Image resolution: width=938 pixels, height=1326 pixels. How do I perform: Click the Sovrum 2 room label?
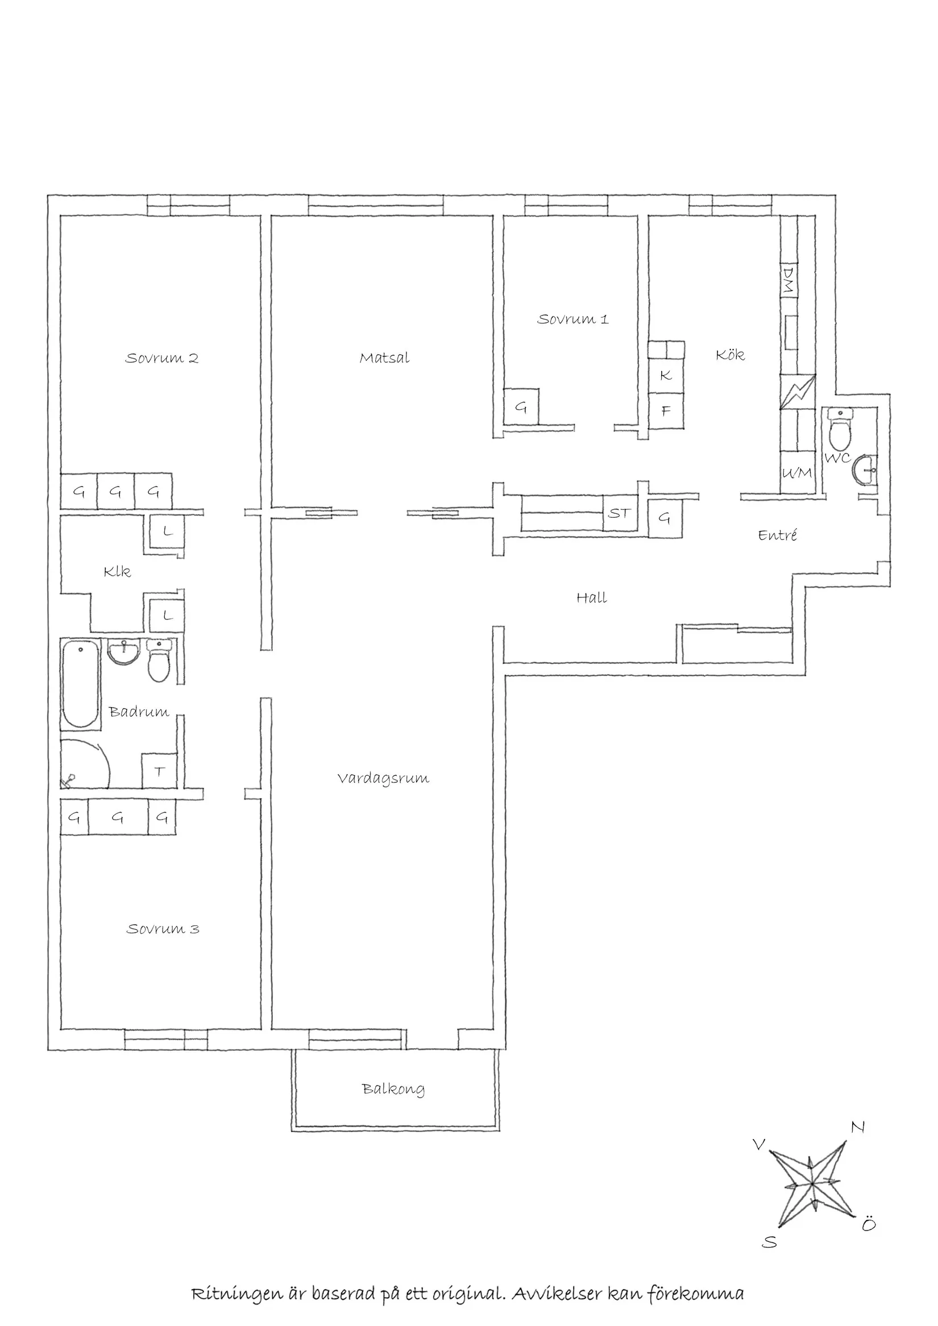coord(161,358)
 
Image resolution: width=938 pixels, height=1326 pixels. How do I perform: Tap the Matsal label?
coord(384,358)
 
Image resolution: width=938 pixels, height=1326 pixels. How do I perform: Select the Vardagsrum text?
coord(383,779)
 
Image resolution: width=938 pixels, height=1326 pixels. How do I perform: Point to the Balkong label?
coord(393,1089)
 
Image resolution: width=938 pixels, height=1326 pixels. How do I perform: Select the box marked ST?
coord(619,513)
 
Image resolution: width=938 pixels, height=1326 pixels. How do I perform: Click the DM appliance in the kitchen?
coord(788,280)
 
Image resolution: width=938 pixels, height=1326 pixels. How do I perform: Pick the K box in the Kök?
coord(666,375)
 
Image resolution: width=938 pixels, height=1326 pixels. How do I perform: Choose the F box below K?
coord(666,411)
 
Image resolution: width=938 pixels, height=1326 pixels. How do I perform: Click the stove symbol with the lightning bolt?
coord(798,392)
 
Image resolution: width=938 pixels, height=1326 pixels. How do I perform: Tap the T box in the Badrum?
coord(159,771)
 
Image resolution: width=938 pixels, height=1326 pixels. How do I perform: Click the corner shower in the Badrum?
coord(84,763)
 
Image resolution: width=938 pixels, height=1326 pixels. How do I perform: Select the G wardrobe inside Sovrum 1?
coord(521,408)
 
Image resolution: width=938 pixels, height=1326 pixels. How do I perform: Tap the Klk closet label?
coord(117,572)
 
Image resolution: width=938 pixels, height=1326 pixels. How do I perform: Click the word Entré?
coord(778,535)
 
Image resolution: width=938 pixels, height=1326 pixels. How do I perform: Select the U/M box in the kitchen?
coord(797,473)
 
